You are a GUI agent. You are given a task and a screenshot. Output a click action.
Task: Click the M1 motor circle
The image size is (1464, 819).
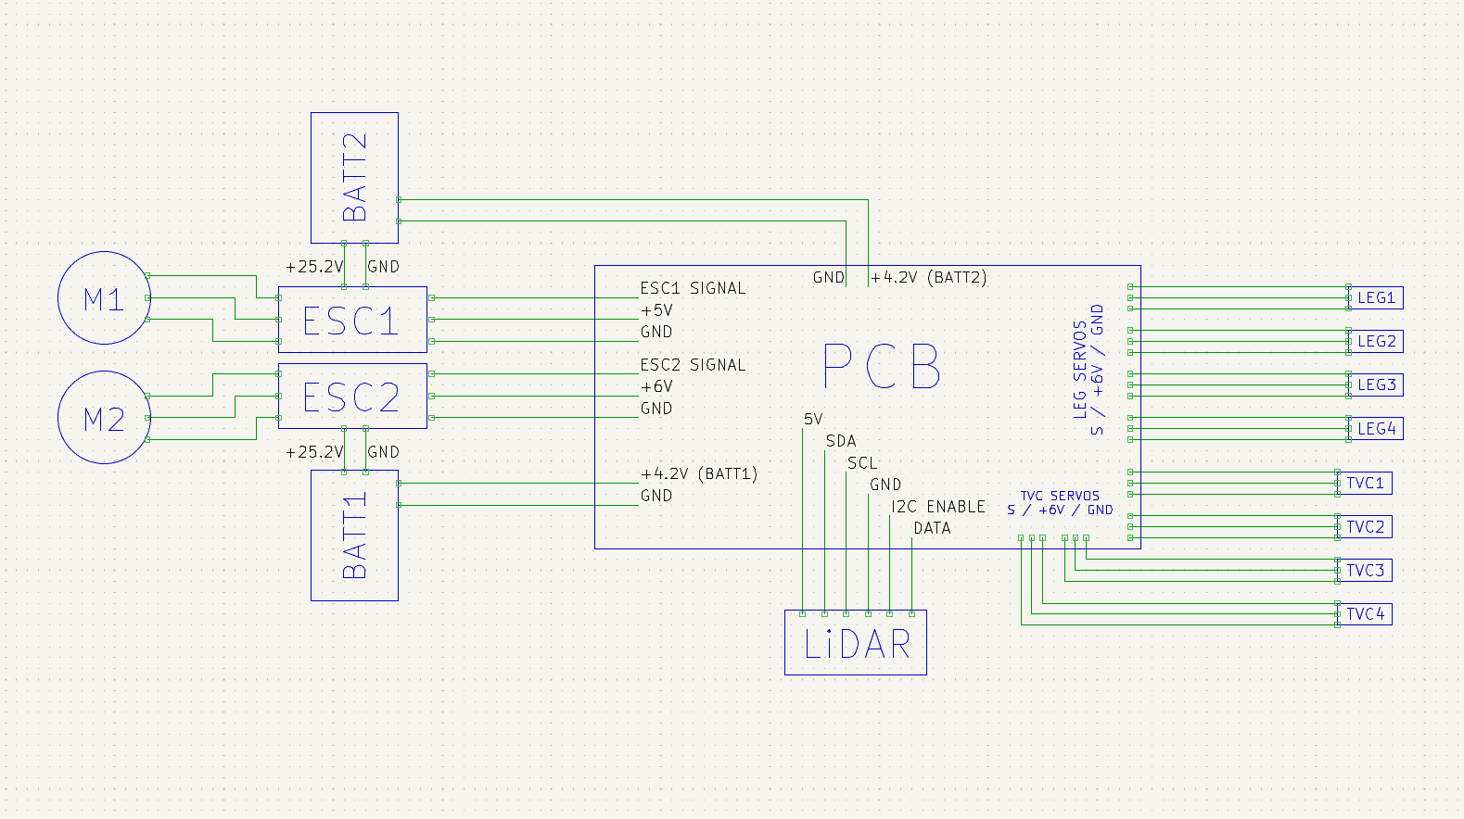point(104,298)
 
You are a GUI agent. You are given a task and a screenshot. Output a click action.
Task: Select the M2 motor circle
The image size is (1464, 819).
point(104,418)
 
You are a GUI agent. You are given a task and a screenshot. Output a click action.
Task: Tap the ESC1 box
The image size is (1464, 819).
point(352,320)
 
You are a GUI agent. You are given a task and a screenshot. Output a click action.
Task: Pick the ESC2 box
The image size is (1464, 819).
point(352,397)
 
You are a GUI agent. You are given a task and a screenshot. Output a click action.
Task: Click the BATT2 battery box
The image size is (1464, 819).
point(354,178)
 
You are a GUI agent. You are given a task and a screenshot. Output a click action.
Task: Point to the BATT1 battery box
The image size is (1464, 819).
point(354,535)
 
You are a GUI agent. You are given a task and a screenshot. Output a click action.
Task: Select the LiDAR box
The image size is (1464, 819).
point(856,643)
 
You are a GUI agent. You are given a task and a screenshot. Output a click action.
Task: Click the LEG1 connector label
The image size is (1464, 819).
point(1376,297)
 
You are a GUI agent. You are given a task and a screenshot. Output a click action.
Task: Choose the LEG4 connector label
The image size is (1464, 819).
point(1376,428)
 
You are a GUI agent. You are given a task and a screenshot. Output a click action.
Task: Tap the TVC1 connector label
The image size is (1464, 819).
point(1365,483)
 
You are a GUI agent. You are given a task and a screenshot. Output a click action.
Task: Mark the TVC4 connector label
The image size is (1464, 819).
point(1365,613)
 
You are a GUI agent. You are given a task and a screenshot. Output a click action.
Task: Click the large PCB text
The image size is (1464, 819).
point(882,367)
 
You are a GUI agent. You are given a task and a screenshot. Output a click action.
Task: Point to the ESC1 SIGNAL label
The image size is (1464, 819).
point(693,288)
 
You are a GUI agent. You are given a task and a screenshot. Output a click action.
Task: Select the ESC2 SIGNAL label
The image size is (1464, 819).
point(693,365)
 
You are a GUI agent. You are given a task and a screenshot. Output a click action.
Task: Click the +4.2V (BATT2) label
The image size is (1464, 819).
point(928,277)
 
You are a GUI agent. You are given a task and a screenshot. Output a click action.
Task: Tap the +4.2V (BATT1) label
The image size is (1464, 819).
point(699,473)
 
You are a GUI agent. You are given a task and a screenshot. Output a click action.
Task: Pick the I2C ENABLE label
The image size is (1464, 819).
point(938,507)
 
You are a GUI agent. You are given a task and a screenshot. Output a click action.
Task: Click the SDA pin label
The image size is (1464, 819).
point(841,441)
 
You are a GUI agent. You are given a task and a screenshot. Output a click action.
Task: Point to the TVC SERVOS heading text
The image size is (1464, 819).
point(1060,496)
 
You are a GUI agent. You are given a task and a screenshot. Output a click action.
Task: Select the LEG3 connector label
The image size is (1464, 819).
point(1376,384)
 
